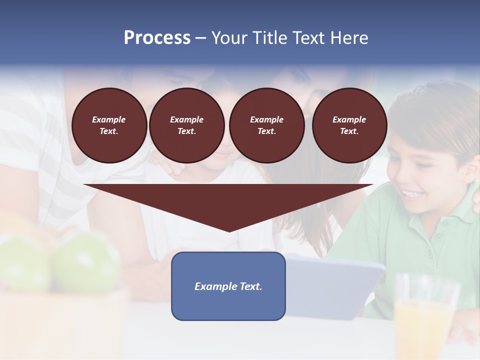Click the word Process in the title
pyautogui.click(x=157, y=38)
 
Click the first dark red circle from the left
pyautogui.click(x=109, y=125)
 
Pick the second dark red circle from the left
pyautogui.click(x=187, y=125)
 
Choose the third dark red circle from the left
pyautogui.click(x=267, y=125)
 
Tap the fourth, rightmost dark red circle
pyautogui.click(x=349, y=125)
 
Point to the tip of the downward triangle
pyautogui.click(x=229, y=230)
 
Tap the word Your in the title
pyautogui.click(x=230, y=38)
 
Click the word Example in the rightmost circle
pyautogui.click(x=349, y=119)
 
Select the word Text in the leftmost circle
pyautogui.click(x=108, y=131)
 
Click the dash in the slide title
pyautogui.click(x=200, y=38)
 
